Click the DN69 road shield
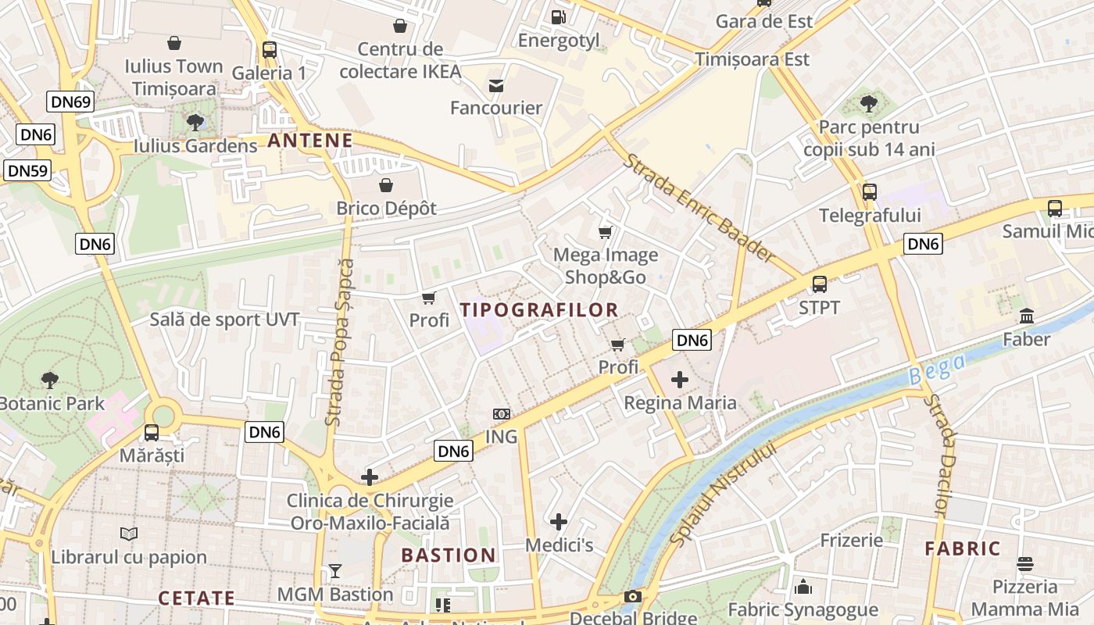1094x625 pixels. tap(71, 102)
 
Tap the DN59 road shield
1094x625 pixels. tap(27, 171)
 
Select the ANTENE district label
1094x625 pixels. tap(310, 141)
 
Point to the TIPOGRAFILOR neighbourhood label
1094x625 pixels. tap(539, 309)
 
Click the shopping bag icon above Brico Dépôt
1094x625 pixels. tap(385, 185)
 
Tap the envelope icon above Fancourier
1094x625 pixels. tap(495, 85)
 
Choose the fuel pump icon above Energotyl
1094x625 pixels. tap(558, 16)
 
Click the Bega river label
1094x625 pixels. tap(938, 369)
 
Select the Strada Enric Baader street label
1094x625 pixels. tap(699, 208)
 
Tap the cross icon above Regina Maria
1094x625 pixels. tap(680, 380)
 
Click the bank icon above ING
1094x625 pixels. tap(501, 413)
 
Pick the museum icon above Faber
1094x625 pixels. tap(1027, 316)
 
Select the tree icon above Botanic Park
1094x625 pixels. tap(50, 380)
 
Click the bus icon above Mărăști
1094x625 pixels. tap(152, 432)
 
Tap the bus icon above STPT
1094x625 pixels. tap(819, 284)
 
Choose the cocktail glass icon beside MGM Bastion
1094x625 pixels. tap(335, 571)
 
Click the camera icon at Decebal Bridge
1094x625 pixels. tap(632, 597)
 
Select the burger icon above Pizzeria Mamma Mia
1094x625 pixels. tap(1024, 564)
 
